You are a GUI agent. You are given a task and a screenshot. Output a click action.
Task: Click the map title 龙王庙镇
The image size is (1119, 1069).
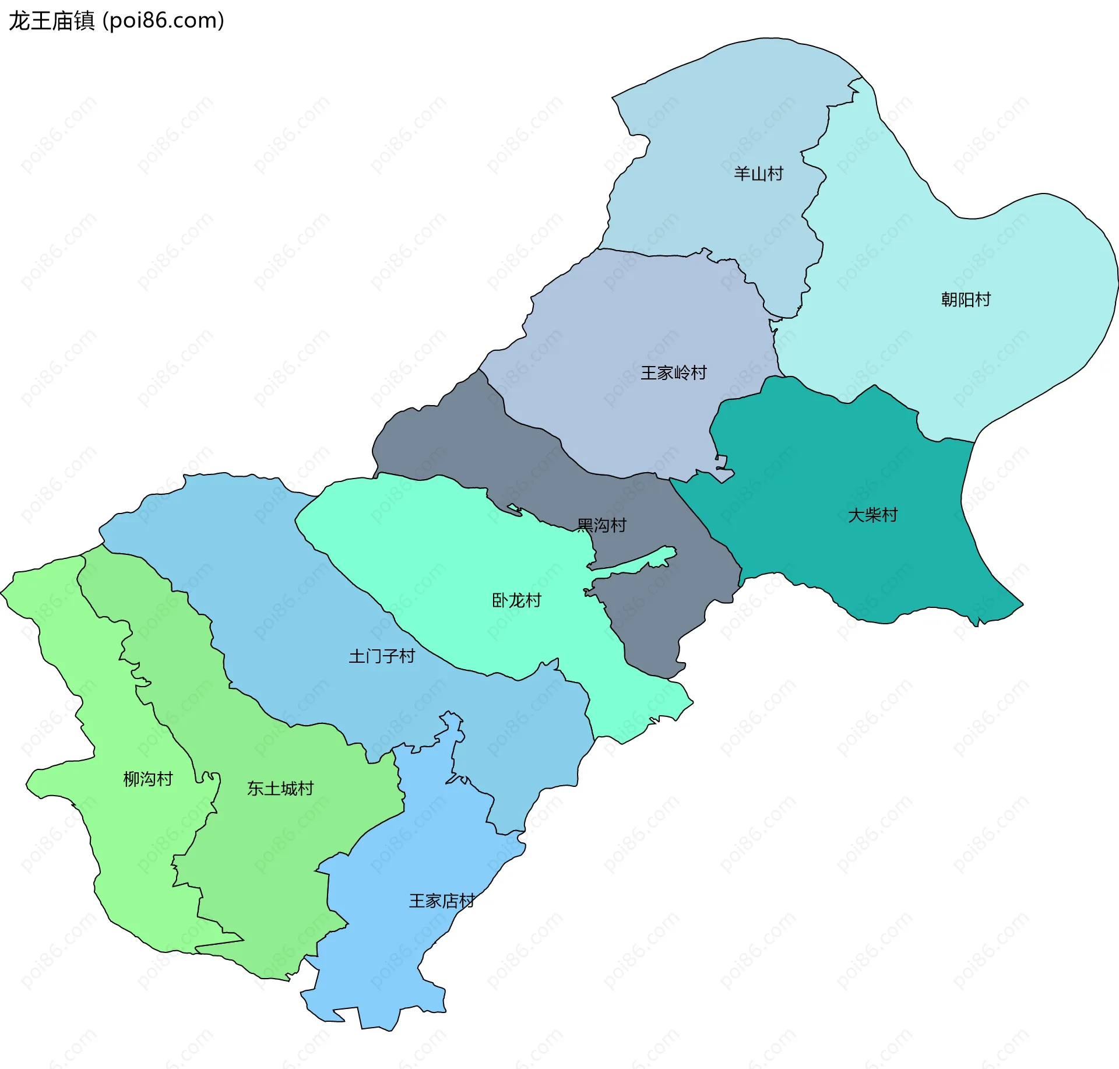point(51,21)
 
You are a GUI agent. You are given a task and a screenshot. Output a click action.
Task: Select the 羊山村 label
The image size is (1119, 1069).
point(758,174)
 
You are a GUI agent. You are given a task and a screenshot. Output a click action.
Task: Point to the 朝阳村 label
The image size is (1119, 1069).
point(966,300)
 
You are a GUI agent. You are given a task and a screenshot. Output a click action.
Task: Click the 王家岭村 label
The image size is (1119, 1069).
point(674,373)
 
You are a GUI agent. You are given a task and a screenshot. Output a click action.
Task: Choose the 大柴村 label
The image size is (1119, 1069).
point(872,515)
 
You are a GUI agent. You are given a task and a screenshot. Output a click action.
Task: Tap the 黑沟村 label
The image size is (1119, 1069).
point(601,526)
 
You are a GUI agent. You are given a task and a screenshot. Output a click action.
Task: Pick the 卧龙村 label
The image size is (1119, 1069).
point(516,600)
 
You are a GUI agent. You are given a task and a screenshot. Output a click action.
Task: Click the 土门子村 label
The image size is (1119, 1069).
point(382,657)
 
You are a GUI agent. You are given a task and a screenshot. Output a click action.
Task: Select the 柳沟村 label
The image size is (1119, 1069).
point(148,779)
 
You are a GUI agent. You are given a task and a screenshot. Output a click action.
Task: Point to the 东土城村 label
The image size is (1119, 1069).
point(280,789)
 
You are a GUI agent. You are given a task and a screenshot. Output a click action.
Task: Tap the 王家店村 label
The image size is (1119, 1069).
point(442,901)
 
